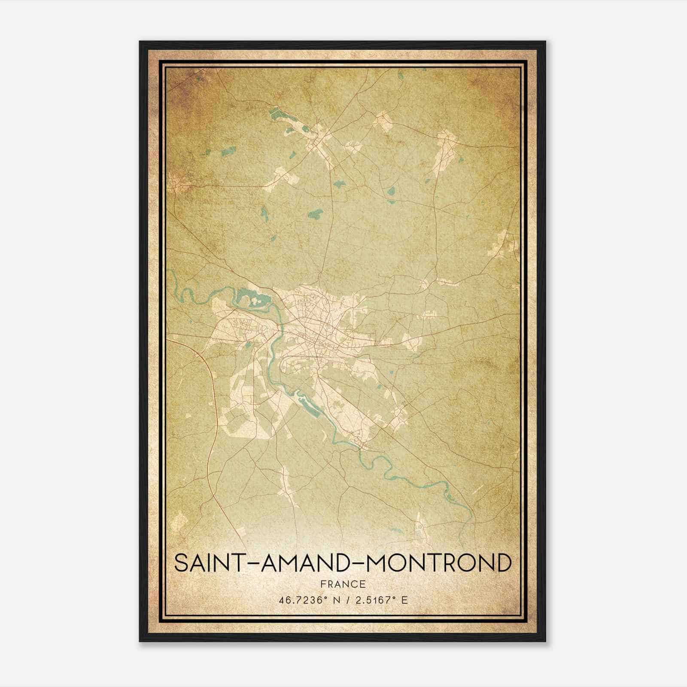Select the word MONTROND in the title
coord(434,563)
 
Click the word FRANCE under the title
coord(343,584)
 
